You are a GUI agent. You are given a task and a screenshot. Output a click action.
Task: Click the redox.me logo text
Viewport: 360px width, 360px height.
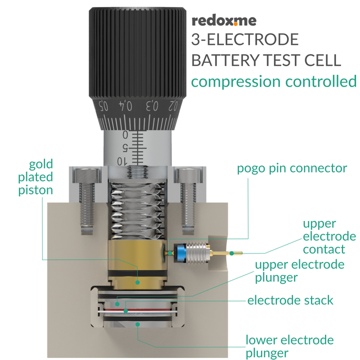click(224, 20)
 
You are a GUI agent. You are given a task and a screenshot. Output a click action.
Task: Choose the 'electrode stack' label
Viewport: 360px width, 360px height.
click(290, 300)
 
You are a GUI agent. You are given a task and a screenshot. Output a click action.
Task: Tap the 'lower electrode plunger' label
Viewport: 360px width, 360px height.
click(289, 347)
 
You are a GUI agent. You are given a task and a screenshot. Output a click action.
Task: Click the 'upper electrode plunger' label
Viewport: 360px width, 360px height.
click(299, 270)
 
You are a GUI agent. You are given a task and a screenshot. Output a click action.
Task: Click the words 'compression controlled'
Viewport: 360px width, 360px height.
click(274, 81)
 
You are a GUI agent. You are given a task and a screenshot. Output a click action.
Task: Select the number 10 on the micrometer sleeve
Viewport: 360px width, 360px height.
click(121, 160)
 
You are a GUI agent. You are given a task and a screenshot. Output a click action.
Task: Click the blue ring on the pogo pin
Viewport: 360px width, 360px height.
click(192, 250)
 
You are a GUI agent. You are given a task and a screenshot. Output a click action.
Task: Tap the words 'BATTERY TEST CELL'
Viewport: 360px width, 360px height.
click(266, 60)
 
